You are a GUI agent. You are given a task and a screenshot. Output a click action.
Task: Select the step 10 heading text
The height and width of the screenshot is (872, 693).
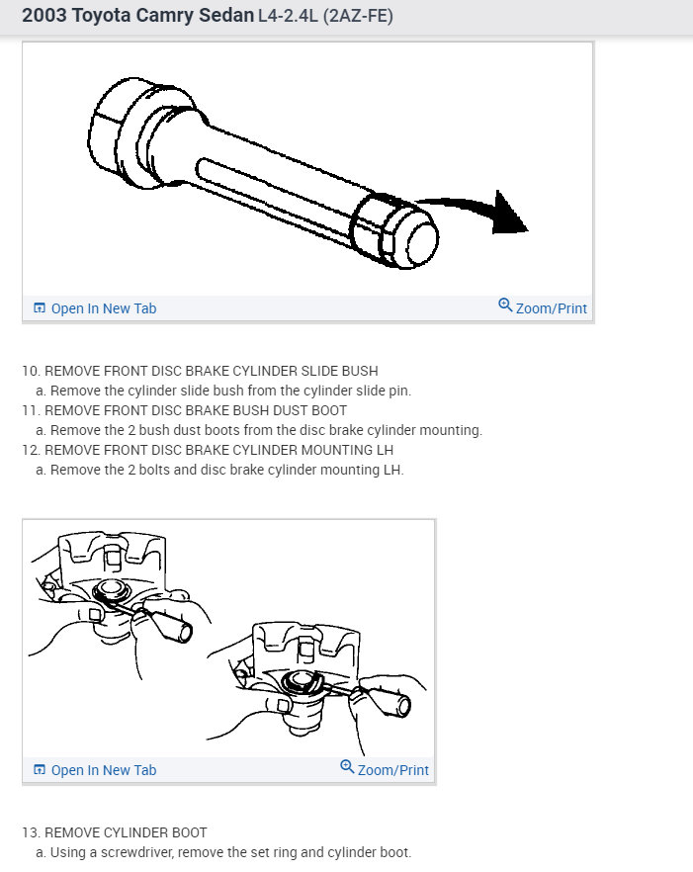tap(200, 372)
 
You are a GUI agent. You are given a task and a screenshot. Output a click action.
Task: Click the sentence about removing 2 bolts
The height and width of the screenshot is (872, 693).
tap(219, 470)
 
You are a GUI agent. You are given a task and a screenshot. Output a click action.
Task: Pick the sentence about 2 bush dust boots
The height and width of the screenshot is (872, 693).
tap(259, 430)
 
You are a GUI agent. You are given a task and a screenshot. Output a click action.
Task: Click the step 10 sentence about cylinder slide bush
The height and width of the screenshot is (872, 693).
tap(223, 391)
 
